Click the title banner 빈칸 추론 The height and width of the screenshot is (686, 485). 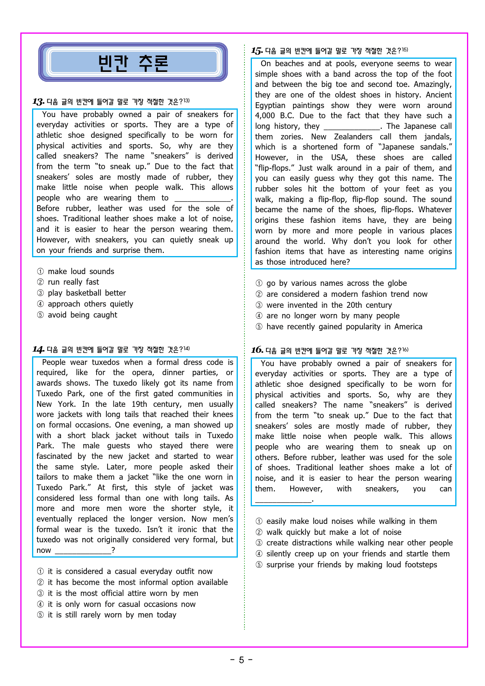click(x=133, y=63)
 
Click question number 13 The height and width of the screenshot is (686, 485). click(x=38, y=102)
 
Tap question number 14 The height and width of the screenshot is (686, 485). click(x=38, y=349)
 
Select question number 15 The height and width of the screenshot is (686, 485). click(x=257, y=51)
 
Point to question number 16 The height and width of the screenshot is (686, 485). click(x=257, y=350)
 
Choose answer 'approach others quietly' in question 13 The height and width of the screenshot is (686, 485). click(x=90, y=304)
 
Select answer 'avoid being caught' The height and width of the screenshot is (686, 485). click(x=82, y=315)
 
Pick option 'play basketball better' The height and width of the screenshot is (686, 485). click(x=87, y=293)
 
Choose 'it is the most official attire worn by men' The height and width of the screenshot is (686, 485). click(x=123, y=593)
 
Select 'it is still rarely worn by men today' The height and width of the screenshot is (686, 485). click(x=112, y=615)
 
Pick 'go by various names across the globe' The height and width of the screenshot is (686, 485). click(x=336, y=283)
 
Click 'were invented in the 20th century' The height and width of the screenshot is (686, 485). click(x=329, y=305)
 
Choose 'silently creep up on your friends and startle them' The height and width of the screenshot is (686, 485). click(x=358, y=554)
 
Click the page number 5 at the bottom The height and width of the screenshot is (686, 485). click(x=241, y=660)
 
